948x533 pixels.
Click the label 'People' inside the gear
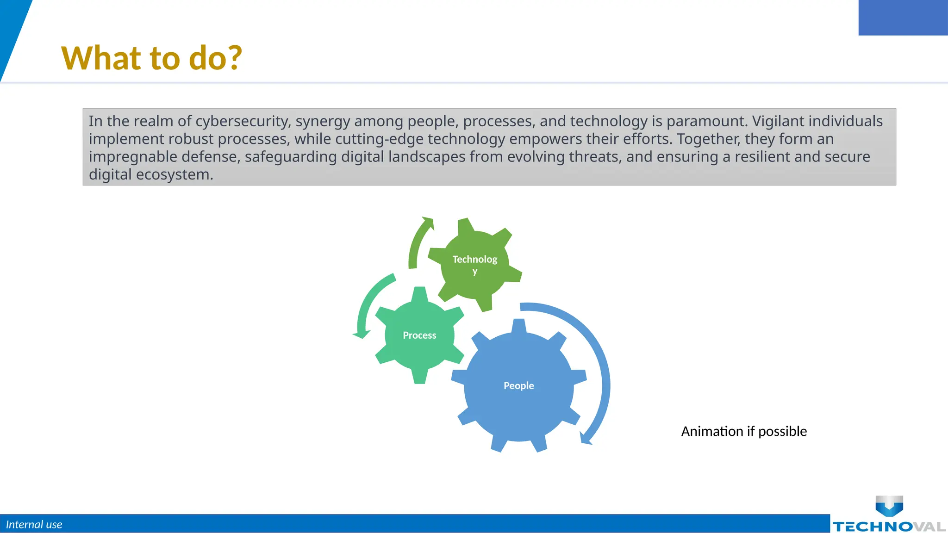(x=518, y=385)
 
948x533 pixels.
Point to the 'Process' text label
(x=419, y=335)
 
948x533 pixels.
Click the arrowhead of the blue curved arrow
(x=586, y=439)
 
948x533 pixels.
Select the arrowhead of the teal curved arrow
(x=361, y=334)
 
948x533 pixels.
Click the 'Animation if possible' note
(x=744, y=431)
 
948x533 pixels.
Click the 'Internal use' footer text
(x=34, y=524)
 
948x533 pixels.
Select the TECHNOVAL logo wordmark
(x=889, y=527)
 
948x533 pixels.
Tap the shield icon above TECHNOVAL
(x=889, y=506)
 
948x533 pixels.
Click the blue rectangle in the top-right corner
(x=903, y=18)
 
